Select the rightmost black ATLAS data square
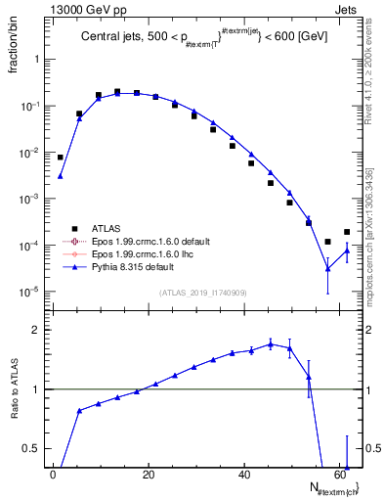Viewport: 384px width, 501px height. coord(347,232)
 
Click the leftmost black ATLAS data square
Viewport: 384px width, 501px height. coord(60,157)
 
